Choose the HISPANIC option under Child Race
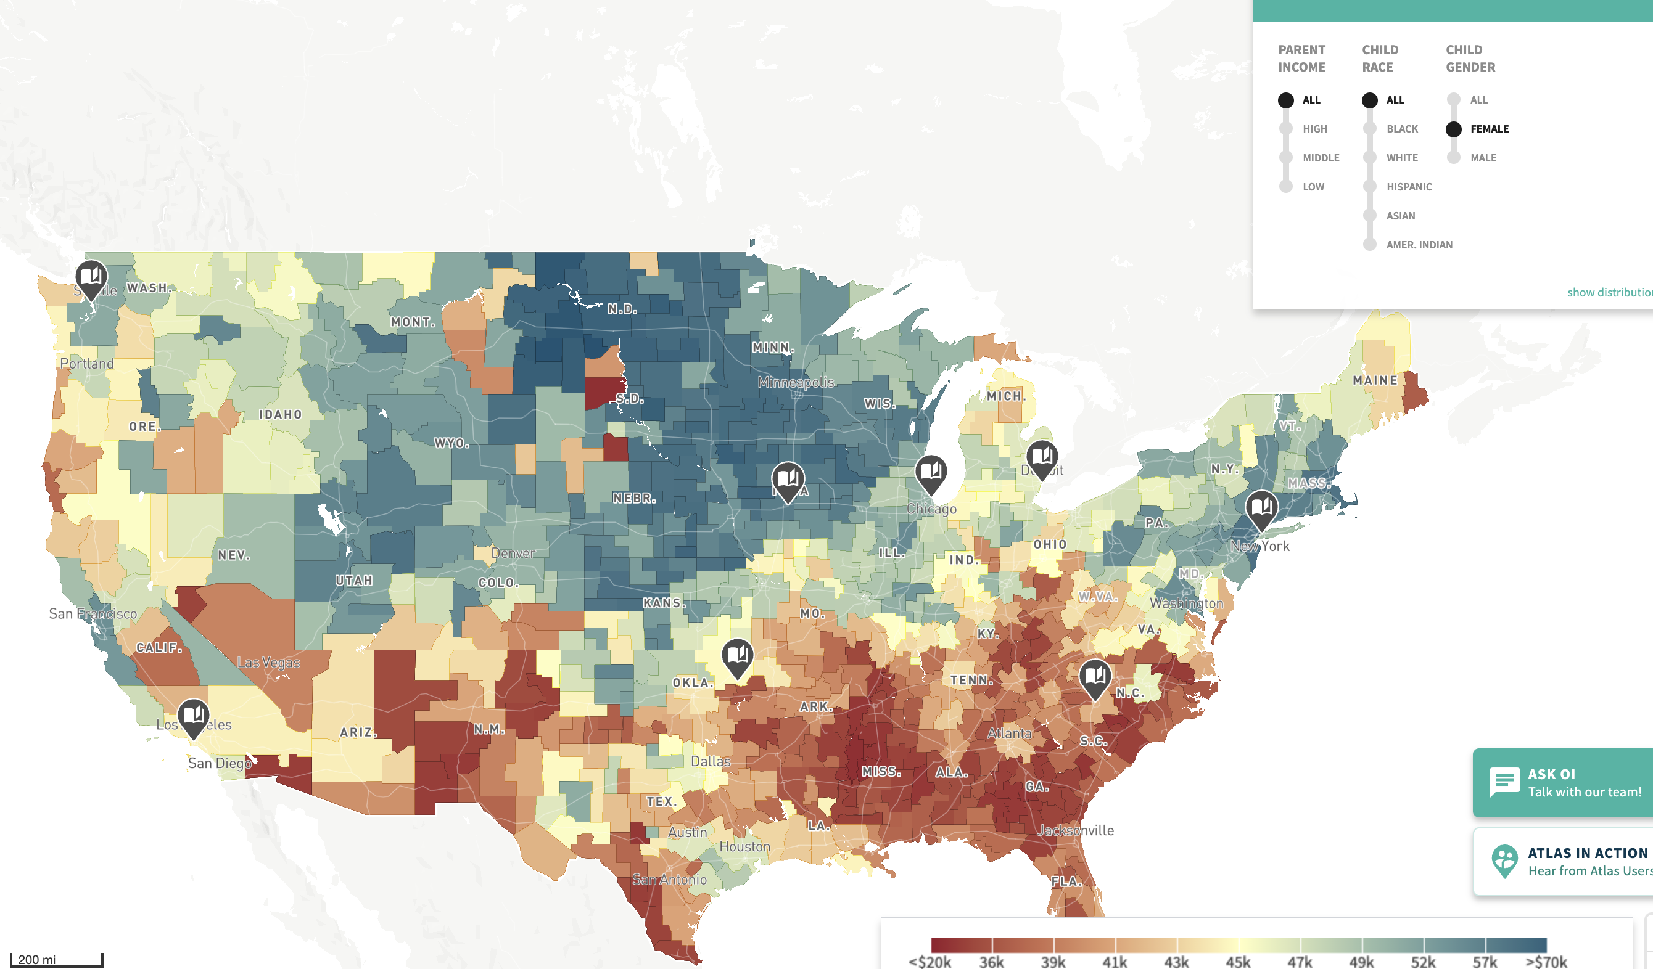pyautogui.click(x=1408, y=187)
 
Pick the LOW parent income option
pyautogui.click(x=1312, y=187)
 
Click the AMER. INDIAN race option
pyautogui.click(x=1418, y=245)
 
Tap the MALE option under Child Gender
pyautogui.click(x=1482, y=158)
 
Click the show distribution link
pyautogui.click(x=1609, y=292)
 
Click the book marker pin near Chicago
pyautogui.click(x=930, y=472)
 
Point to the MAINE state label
pyautogui.click(x=1375, y=380)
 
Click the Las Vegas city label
pyautogui.click(x=268, y=662)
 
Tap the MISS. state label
pyautogui.click(x=880, y=772)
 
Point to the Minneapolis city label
pyautogui.click(x=796, y=382)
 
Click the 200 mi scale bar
pyautogui.click(x=56, y=959)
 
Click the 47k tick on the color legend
pyautogui.click(x=1300, y=961)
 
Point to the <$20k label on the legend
pyautogui.click(x=930, y=961)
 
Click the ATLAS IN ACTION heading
pyautogui.click(x=1588, y=853)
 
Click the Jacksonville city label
pyautogui.click(x=1076, y=831)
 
